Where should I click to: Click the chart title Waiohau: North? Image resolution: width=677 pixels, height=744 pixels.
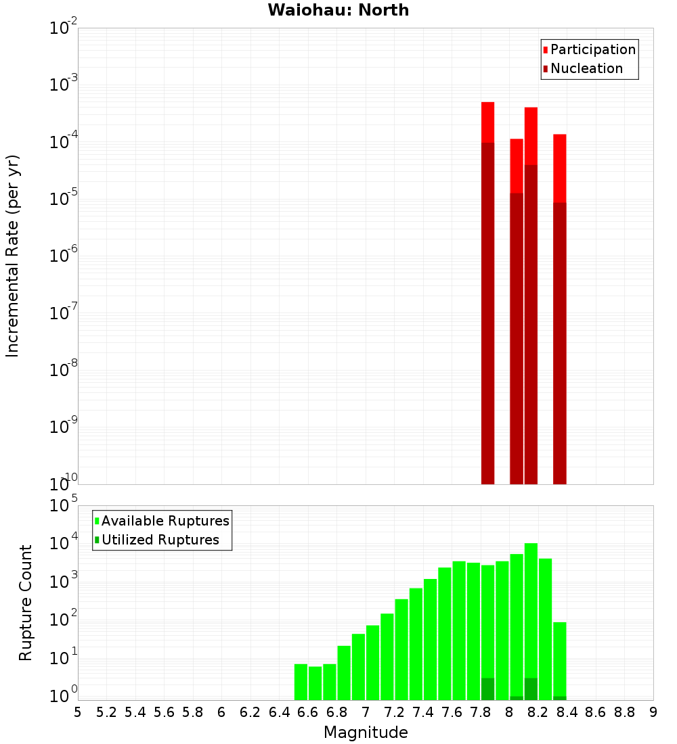[x=338, y=10]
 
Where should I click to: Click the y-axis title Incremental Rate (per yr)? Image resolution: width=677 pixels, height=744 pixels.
[x=13, y=256]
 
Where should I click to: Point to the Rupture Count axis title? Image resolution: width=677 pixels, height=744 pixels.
[x=26, y=602]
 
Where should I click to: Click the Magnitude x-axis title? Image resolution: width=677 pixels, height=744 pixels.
[x=366, y=733]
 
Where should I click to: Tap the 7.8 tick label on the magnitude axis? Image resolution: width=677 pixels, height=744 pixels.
[x=481, y=712]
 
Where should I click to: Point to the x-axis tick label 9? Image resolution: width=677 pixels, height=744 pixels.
[x=653, y=712]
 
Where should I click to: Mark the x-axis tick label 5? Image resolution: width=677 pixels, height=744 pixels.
[x=78, y=712]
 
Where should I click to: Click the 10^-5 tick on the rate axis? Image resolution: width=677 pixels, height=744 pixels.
[x=64, y=199]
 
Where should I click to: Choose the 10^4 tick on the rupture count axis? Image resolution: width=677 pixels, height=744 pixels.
[x=64, y=543]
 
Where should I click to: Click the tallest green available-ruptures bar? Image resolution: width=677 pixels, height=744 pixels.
[x=531, y=609]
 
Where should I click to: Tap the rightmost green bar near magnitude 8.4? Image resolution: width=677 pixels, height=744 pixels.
[x=560, y=659]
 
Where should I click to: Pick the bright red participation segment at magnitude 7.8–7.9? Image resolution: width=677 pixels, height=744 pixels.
[x=488, y=122]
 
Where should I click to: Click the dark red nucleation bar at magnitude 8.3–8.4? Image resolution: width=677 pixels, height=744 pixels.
[x=560, y=338]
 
